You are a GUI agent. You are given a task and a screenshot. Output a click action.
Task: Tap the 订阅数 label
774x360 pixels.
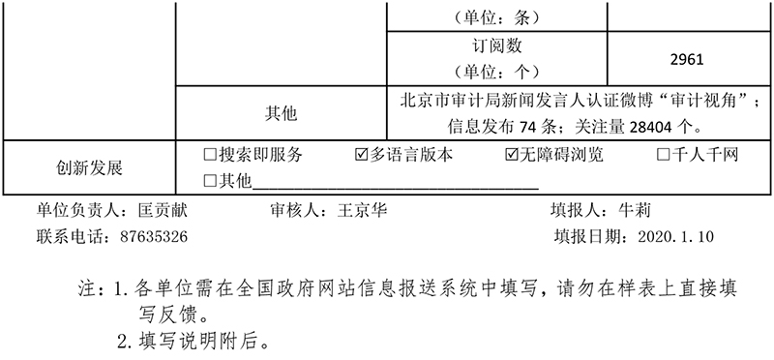pos(496,45)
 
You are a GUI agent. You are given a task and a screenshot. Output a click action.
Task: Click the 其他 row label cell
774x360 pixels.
pos(282,113)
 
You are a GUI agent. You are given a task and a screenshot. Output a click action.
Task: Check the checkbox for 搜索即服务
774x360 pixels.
pos(210,154)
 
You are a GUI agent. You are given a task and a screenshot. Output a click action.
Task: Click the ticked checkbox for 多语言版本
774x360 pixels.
pos(363,154)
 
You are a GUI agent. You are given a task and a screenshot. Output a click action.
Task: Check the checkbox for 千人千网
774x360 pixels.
pos(664,154)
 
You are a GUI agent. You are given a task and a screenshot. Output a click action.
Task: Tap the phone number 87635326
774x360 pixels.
pos(154,235)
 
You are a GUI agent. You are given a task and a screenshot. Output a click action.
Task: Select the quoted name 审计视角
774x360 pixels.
pos(695,101)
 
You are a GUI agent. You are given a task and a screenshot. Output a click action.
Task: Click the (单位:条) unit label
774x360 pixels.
pos(495,16)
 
